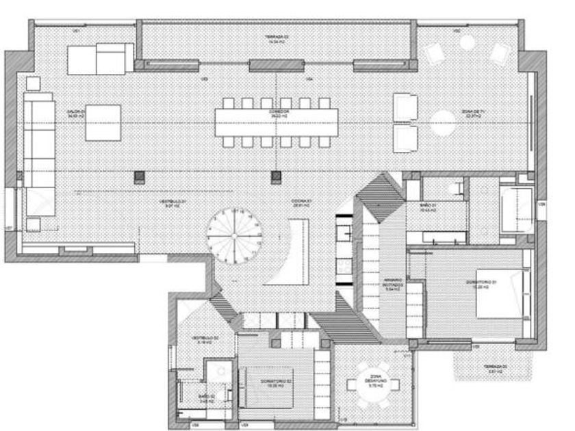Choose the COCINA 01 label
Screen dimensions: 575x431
coord(302,203)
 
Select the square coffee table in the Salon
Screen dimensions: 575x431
coord(103,122)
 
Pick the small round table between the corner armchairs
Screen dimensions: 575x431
coord(468,43)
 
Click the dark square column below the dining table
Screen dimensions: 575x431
coord(277,177)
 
